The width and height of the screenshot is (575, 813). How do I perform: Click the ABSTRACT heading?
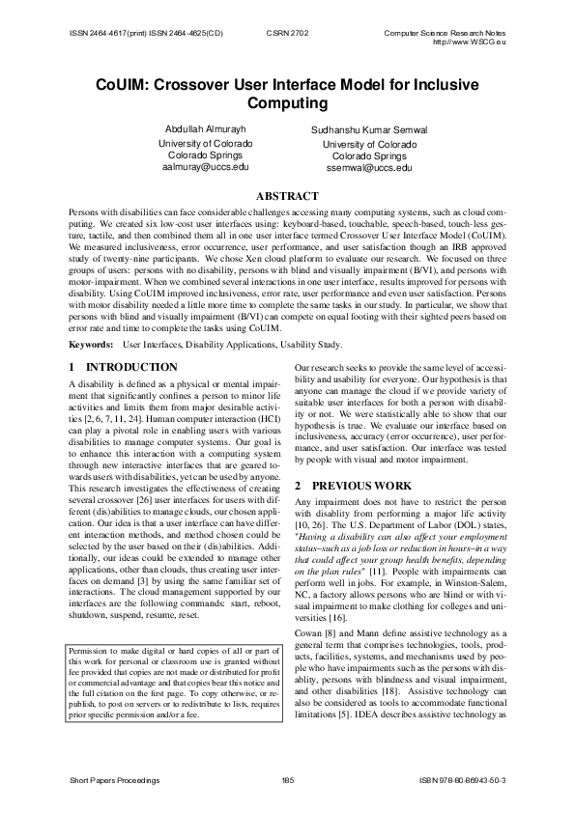click(x=287, y=196)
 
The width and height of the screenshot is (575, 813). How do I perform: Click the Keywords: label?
click(x=92, y=345)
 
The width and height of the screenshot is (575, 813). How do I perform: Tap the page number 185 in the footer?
click(x=287, y=777)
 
